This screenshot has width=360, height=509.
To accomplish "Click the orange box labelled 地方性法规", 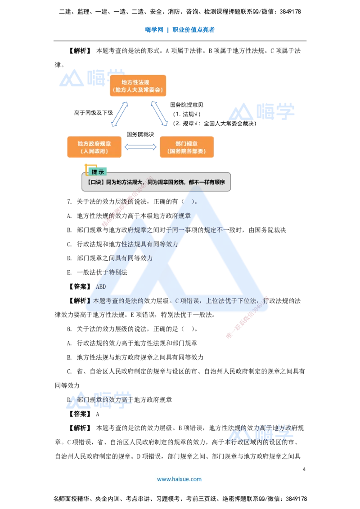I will click(x=138, y=85).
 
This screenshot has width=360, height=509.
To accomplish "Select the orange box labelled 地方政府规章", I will click(x=94, y=147).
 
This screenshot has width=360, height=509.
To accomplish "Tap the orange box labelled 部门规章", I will click(x=187, y=147).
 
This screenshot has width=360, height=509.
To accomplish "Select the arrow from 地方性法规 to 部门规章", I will click(x=161, y=114).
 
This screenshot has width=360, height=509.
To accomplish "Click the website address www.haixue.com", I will click(x=179, y=479).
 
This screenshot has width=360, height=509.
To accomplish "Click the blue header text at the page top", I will click(x=180, y=30).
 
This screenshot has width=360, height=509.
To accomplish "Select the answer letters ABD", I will click(x=101, y=287).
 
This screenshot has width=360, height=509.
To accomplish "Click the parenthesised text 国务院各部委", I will click(x=187, y=152).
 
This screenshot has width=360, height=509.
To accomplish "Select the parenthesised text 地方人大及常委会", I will click(x=138, y=90).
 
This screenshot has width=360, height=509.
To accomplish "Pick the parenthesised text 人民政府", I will click(x=94, y=152).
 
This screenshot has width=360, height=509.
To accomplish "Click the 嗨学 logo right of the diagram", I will click(x=261, y=112).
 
